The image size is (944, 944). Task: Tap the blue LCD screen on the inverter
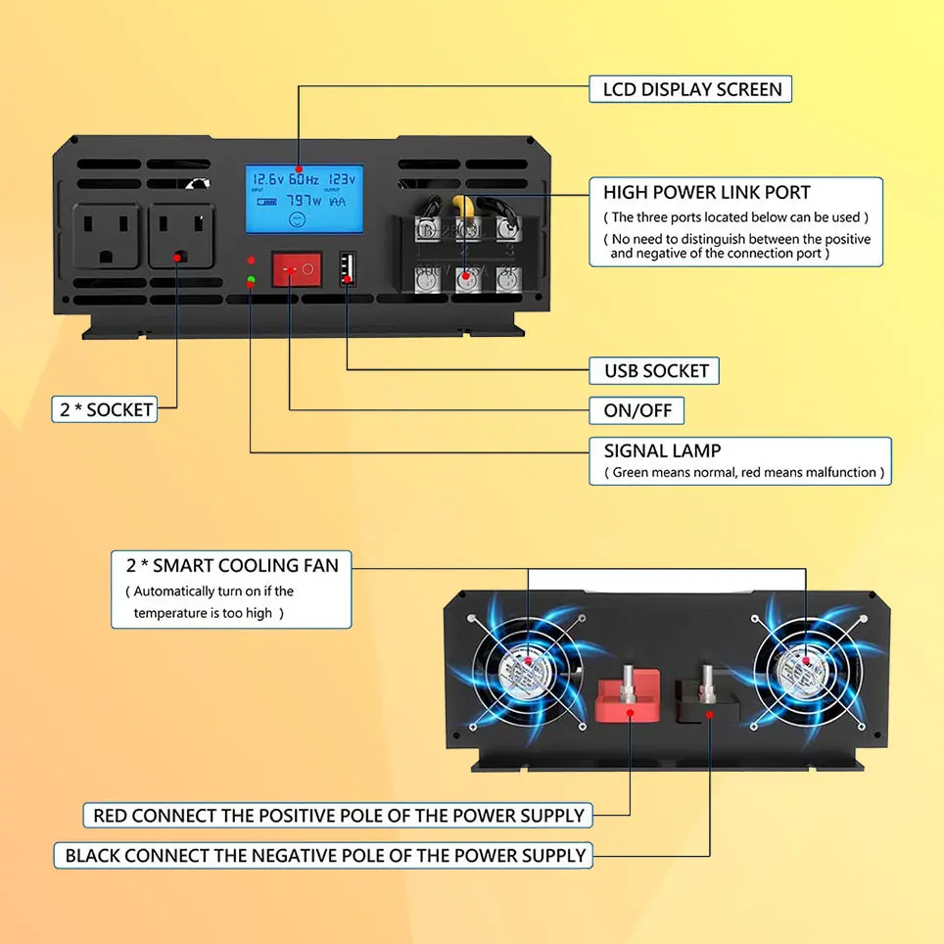tap(304, 201)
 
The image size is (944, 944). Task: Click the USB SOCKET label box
tap(655, 371)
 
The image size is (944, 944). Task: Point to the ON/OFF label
tap(637, 410)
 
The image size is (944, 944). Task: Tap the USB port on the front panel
tap(348, 269)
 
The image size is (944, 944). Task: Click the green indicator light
tap(252, 282)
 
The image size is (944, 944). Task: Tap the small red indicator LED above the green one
tap(252, 261)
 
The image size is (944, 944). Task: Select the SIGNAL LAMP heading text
tap(662, 451)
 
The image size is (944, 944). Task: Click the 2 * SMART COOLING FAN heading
tap(232, 565)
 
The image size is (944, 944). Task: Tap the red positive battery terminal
tap(628, 695)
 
